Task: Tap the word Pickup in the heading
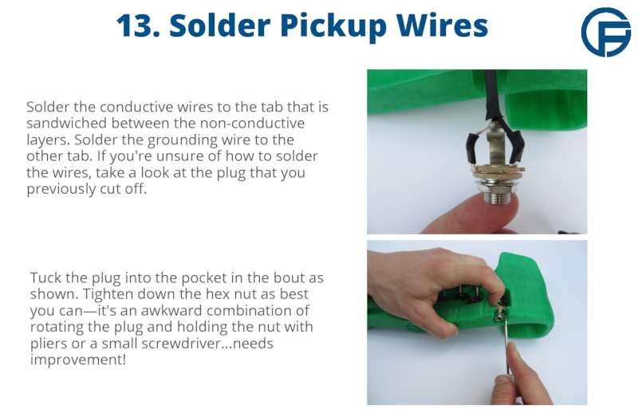point(333,27)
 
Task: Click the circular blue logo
point(605,32)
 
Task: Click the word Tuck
point(45,277)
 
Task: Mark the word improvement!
point(78,360)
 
